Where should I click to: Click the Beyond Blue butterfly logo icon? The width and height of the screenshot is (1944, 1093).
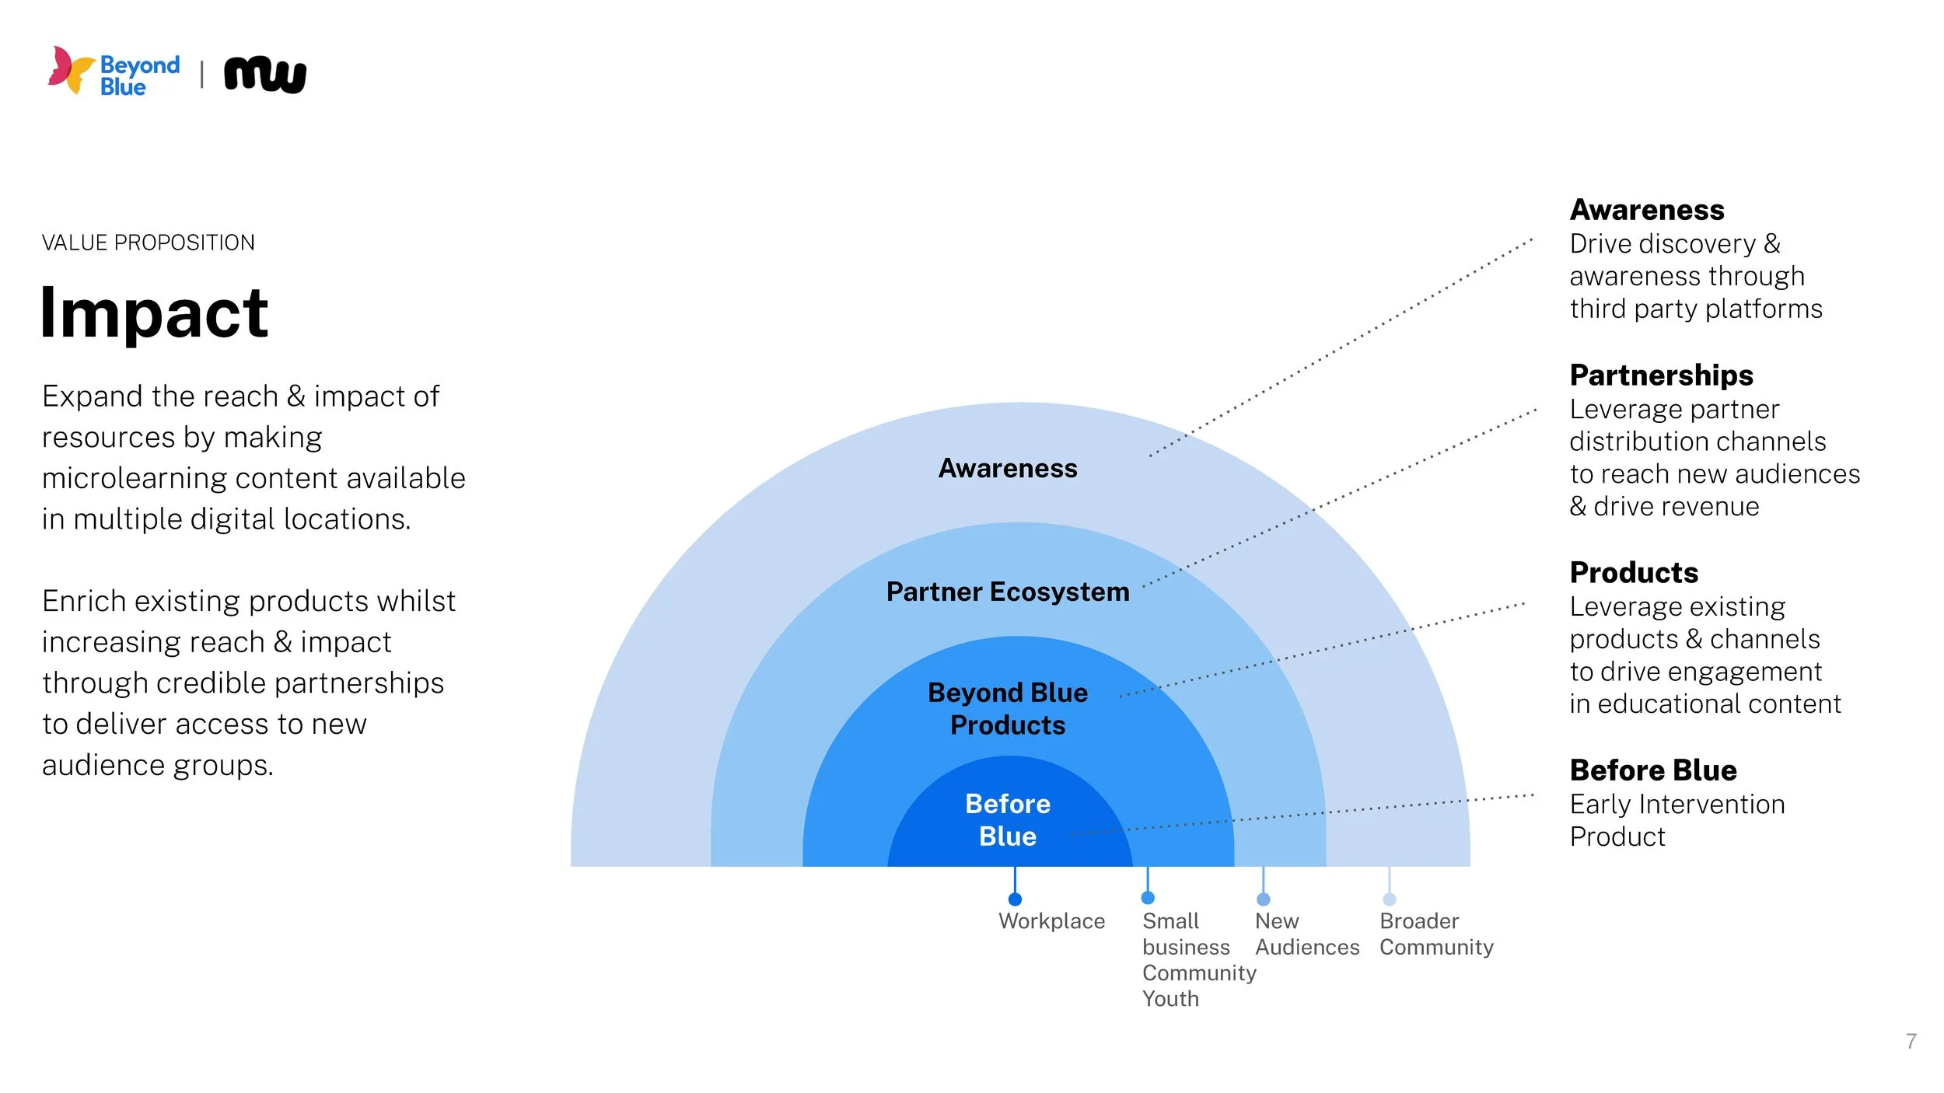coord(72,70)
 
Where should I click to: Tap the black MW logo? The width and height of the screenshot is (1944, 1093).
coord(265,75)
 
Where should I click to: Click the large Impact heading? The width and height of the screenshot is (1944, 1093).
coord(154,313)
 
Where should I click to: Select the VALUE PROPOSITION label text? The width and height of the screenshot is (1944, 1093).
coord(148,243)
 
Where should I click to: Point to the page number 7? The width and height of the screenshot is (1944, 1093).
coord(1911,1041)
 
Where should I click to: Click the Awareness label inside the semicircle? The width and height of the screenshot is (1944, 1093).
coord(1008,468)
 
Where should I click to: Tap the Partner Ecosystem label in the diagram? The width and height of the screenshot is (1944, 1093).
coord(1008,592)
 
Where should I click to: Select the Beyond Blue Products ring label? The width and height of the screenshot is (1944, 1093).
coord(1008,708)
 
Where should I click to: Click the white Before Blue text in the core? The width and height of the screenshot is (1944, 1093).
coord(1008,819)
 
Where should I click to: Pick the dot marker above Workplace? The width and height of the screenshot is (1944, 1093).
coord(1015,899)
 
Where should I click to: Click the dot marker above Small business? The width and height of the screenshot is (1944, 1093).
coord(1148,898)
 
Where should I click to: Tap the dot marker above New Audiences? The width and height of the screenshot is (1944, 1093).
coord(1264,899)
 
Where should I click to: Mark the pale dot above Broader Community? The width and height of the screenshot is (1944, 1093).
coord(1390,899)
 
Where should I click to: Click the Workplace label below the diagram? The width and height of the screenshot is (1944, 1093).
coord(1051,921)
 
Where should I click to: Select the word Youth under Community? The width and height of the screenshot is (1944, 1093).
coord(1170,999)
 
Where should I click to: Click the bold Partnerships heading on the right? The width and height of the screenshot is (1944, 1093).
coord(1661,375)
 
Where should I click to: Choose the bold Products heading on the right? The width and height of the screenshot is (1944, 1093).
coord(1634,573)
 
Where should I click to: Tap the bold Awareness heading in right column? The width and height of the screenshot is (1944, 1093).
coord(1647,210)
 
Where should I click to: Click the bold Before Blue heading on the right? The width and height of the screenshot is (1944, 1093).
coord(1653,770)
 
